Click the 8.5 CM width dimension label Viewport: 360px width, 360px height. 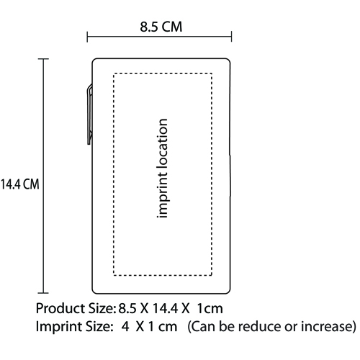coord(161,27)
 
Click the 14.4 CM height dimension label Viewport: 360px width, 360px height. coord(19,184)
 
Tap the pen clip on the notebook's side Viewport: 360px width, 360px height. coord(90,114)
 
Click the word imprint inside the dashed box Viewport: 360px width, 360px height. coord(162,196)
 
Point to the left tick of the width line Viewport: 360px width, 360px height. coord(87,37)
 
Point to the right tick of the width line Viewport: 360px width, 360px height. coord(231,37)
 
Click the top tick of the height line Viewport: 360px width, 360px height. coord(43,59)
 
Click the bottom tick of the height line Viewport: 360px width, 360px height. coord(43,293)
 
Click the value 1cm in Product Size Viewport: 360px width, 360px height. coord(210,309)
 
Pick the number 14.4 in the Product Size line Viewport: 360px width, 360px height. coord(165,309)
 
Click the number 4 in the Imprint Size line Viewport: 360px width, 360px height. coord(125,327)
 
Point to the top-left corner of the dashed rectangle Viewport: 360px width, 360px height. coord(114,73)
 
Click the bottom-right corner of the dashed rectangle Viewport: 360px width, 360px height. coord(212,275)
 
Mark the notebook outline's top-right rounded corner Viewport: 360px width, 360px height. coord(228,60)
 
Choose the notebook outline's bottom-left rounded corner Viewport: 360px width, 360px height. coord(94,292)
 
